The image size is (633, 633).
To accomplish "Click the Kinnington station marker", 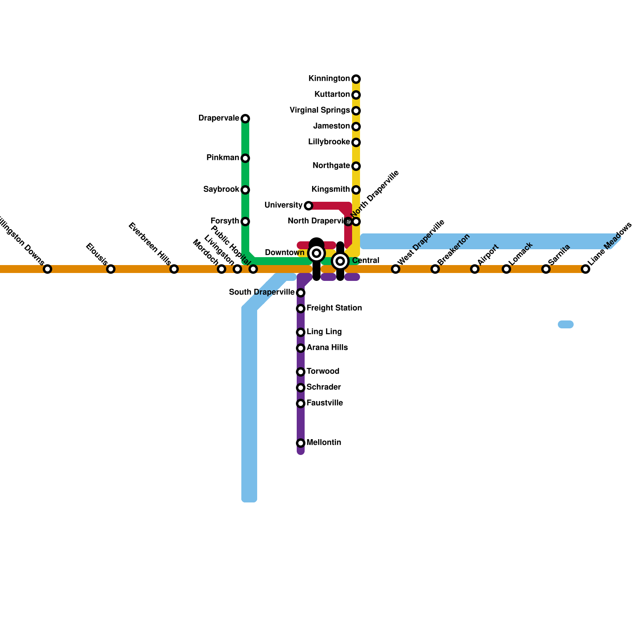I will [356, 79].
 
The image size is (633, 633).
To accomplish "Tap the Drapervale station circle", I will [245, 119].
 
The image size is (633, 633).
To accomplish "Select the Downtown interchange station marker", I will [316, 253].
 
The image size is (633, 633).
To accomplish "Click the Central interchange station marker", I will [340, 261].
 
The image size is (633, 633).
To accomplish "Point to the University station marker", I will [309, 206].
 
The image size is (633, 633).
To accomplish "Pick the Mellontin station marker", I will [301, 443].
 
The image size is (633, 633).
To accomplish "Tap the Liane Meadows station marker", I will [586, 269].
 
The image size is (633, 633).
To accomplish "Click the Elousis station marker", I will [111, 269].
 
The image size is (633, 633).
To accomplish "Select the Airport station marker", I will [475, 269].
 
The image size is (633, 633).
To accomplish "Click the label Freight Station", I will [334, 308].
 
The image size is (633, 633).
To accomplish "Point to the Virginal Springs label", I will [320, 110].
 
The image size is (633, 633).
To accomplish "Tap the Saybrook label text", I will [221, 190].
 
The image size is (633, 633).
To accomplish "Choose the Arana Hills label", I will [327, 348].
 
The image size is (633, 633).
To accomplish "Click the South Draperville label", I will [262, 292].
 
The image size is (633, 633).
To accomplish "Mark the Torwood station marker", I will [301, 372].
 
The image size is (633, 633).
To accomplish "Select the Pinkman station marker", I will [245, 158].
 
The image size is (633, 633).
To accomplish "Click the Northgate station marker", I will [356, 166].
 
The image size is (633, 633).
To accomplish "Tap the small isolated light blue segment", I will [566, 324].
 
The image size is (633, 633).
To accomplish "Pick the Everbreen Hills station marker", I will [174, 269].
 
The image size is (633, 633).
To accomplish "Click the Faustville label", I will [325, 403].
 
